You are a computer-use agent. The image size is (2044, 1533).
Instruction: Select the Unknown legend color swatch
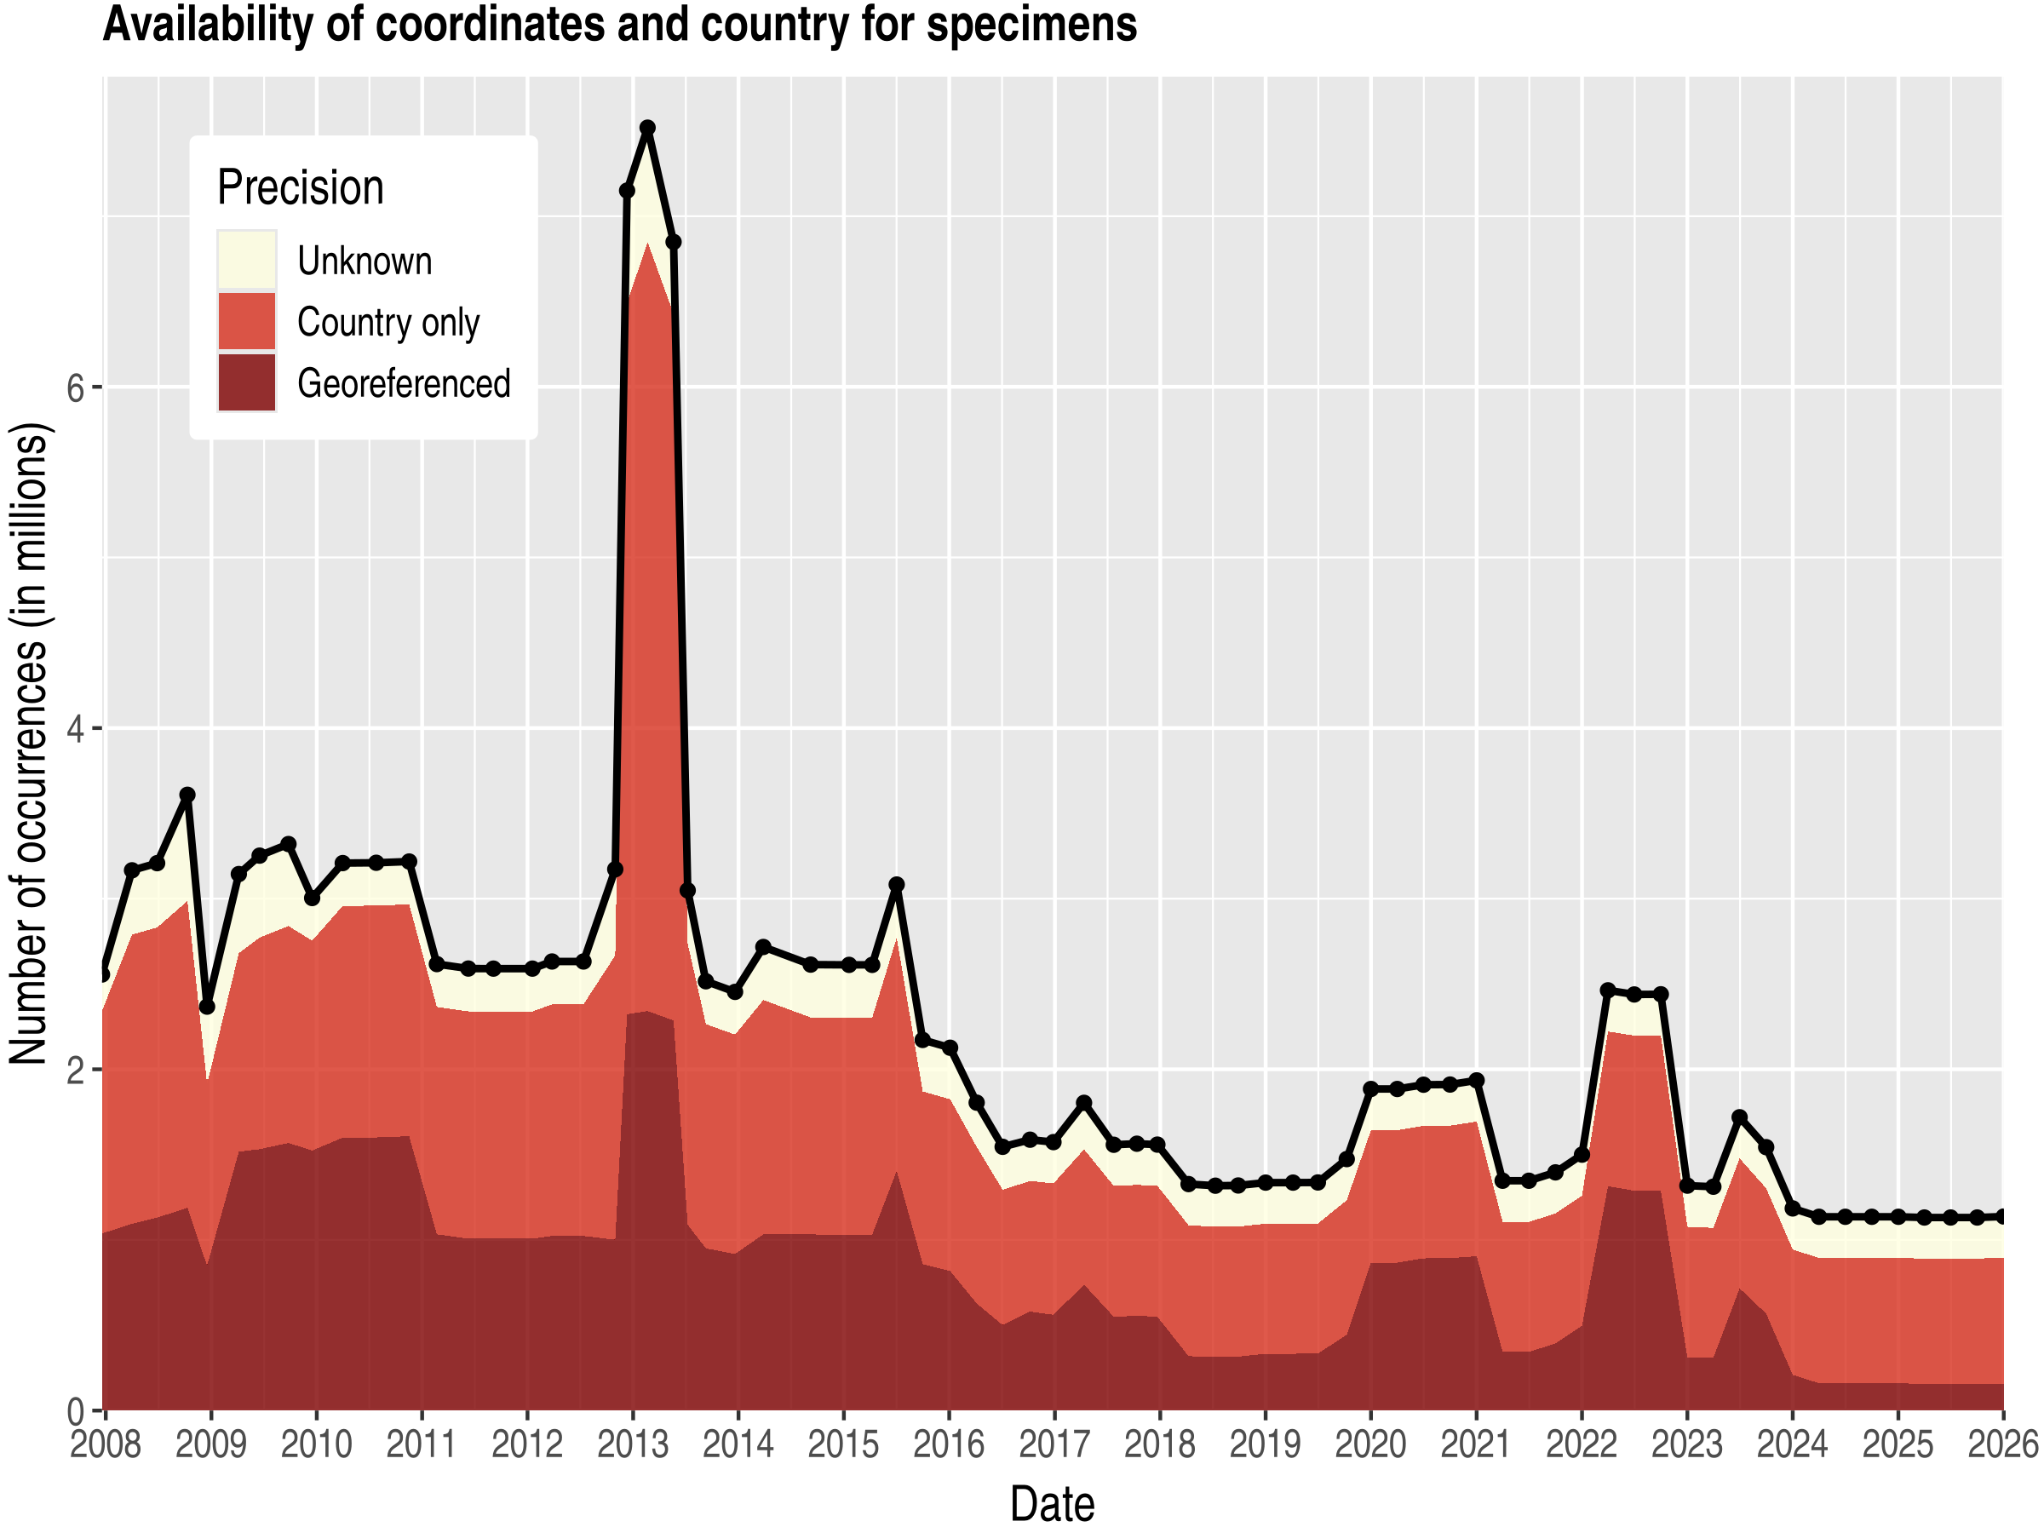247,260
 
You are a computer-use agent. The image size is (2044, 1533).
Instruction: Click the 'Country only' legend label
388,323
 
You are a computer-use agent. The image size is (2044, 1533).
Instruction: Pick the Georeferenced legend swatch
247,382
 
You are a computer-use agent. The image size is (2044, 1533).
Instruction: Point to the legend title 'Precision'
301,187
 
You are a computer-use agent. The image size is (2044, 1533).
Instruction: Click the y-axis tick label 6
76,388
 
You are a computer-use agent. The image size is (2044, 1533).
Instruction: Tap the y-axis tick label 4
76,729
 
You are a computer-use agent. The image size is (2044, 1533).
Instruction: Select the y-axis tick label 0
76,1411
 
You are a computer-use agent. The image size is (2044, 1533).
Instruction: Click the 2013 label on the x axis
632,1444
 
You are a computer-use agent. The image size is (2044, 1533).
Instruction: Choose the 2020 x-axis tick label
1370,1444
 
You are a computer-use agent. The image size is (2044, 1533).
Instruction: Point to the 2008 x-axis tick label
106,1444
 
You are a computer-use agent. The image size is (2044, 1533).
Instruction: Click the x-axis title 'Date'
1052,1504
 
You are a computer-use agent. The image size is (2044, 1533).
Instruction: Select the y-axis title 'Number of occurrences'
30,744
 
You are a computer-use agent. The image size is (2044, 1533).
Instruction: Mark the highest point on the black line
648,128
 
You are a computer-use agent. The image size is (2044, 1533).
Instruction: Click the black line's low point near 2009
207,1007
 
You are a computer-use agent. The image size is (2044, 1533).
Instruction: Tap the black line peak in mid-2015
896,884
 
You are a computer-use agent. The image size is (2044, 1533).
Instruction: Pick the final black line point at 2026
2002,1217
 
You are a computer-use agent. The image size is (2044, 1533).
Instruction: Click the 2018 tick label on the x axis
1160,1444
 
